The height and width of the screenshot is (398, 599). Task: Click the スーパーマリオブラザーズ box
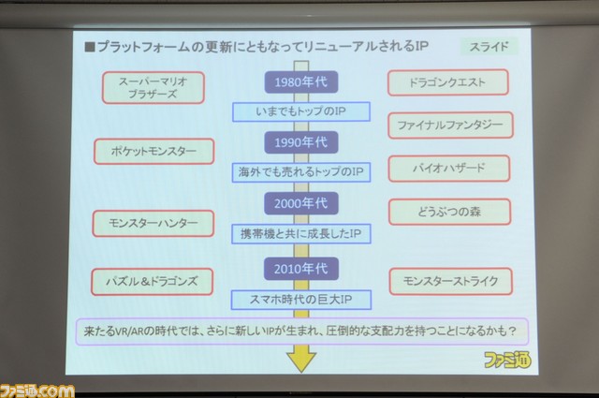pyautogui.click(x=153, y=87)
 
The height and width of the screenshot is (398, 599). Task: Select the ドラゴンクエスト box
pyautogui.click(x=447, y=82)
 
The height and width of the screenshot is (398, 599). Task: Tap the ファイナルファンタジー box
pyautogui.click(x=450, y=125)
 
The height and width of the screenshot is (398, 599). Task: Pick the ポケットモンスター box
pyautogui.click(x=153, y=152)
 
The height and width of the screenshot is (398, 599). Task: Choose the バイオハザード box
pyautogui.click(x=449, y=169)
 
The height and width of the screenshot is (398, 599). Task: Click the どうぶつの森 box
pyautogui.click(x=449, y=212)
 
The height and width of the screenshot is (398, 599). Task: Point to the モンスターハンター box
pyautogui.click(x=153, y=223)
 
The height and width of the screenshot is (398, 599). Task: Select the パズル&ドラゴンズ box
pyautogui.click(x=152, y=282)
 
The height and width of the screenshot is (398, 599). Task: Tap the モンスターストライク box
pyautogui.click(x=451, y=281)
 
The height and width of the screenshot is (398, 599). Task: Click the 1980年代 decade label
pyautogui.click(x=301, y=81)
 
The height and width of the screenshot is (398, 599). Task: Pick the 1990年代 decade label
pyautogui.click(x=301, y=142)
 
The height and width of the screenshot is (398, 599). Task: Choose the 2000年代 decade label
pyautogui.click(x=301, y=203)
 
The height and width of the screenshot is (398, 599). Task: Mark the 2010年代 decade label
pyautogui.click(x=301, y=269)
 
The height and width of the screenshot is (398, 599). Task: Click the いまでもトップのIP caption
pyautogui.click(x=301, y=111)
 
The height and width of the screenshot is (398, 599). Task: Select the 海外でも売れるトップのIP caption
pyautogui.click(x=301, y=172)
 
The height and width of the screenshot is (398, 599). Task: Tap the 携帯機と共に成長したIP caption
pyautogui.click(x=301, y=233)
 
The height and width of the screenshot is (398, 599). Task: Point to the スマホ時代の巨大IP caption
pyautogui.click(x=301, y=300)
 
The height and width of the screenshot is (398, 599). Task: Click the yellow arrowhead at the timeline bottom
pyautogui.click(x=301, y=359)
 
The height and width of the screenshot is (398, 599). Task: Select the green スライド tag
pyautogui.click(x=489, y=47)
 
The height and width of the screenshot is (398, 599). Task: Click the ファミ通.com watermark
pyautogui.click(x=37, y=391)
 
